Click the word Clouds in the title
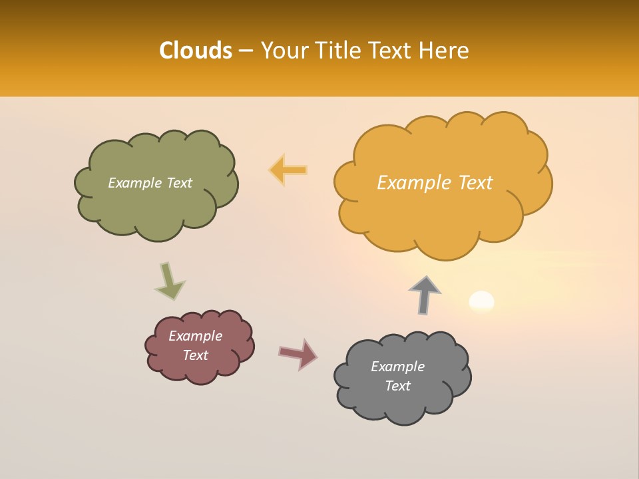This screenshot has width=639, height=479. pyautogui.click(x=195, y=51)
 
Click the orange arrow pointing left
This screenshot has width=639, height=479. pyautogui.click(x=288, y=170)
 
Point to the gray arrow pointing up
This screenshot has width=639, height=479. pyautogui.click(x=425, y=295)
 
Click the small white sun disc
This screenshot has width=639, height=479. pyautogui.click(x=481, y=301)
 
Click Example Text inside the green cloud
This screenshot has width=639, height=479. pyautogui.click(x=150, y=183)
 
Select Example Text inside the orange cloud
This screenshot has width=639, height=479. pyautogui.click(x=435, y=183)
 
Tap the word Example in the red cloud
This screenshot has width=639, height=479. pyautogui.click(x=195, y=336)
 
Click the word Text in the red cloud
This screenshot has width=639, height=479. pyautogui.click(x=195, y=355)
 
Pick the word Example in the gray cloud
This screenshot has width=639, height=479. pyautogui.click(x=397, y=367)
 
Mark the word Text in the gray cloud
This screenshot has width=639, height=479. pyautogui.click(x=397, y=386)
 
